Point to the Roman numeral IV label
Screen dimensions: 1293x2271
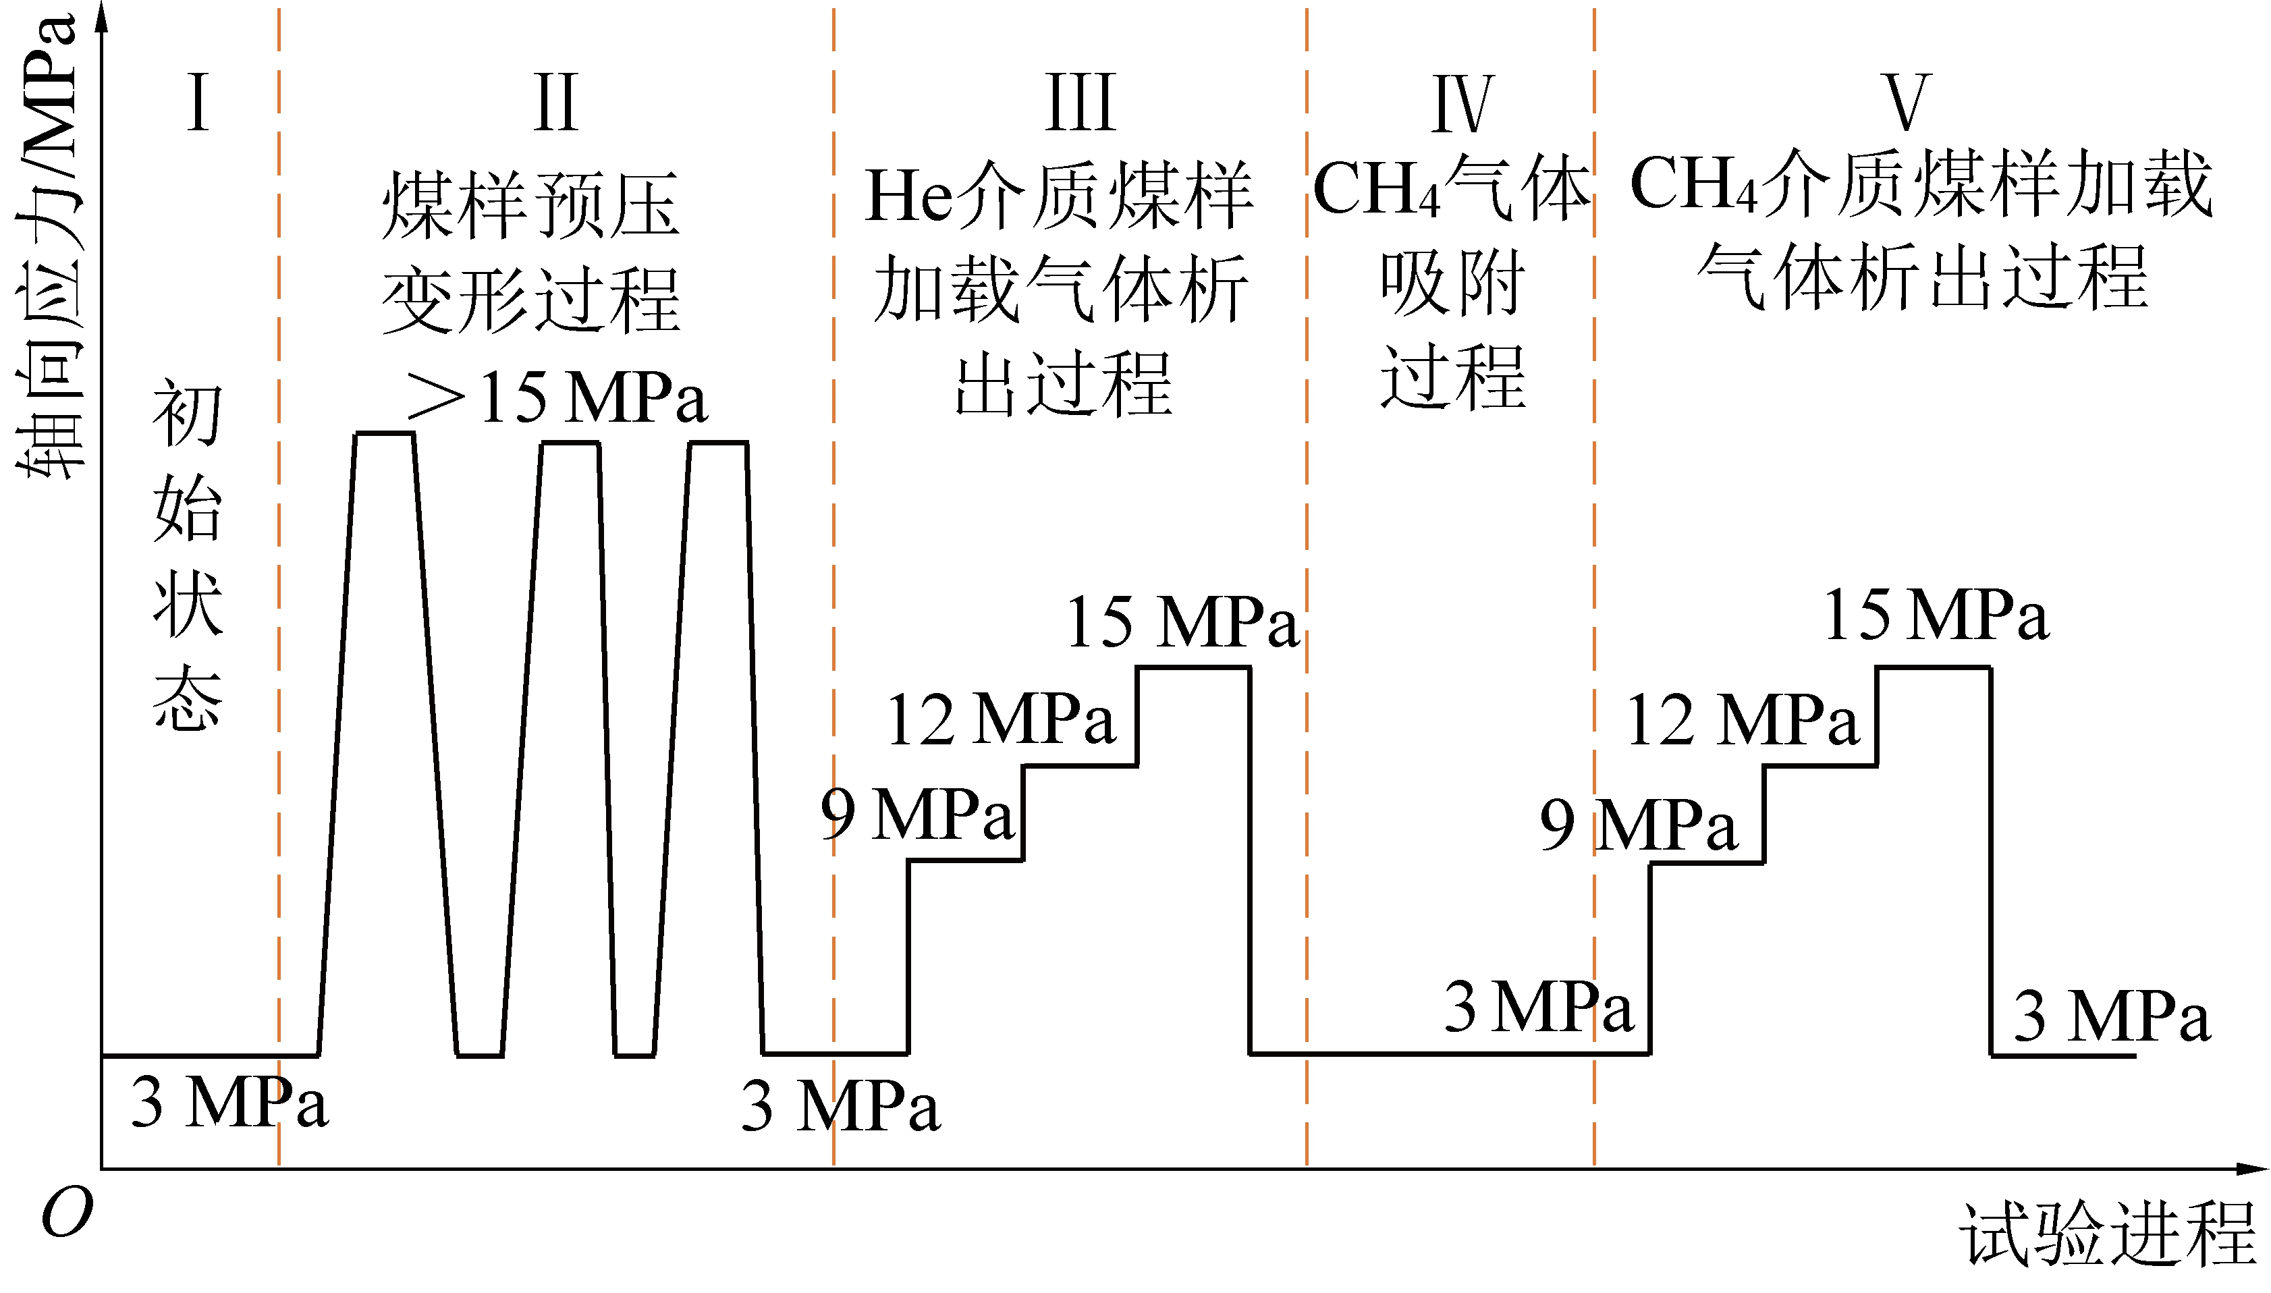pos(1462,104)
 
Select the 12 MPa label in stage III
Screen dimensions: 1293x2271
pos(1000,719)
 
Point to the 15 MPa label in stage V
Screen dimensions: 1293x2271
pos(1936,615)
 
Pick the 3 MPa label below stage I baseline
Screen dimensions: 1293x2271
pos(229,1102)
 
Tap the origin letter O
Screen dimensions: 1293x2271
pos(67,1213)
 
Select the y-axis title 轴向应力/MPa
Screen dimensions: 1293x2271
pos(49,248)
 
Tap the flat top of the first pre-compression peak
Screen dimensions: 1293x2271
pos(385,433)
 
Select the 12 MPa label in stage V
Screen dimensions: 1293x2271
pos(1742,719)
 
